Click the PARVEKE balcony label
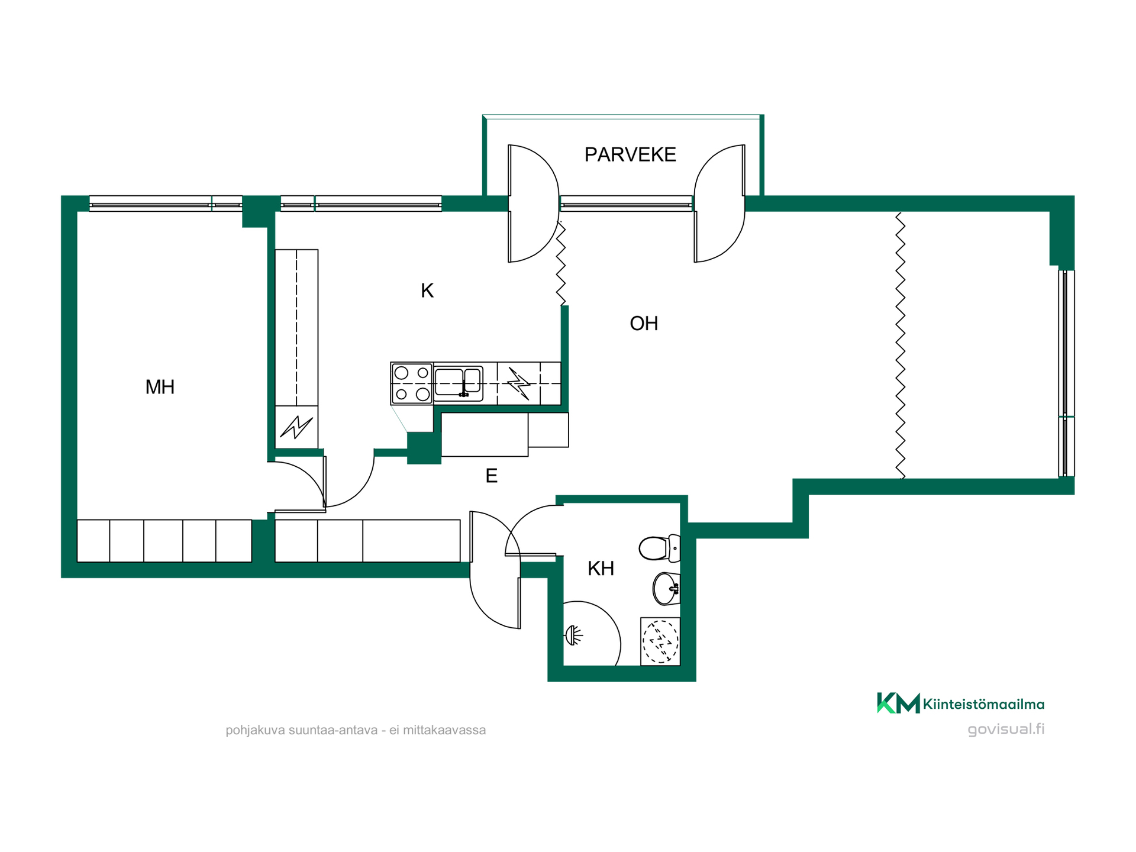pos(630,154)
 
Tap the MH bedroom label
pos(160,387)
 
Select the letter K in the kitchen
pos(427,291)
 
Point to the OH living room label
pos(644,324)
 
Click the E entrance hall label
pos(491,476)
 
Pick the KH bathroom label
pos(601,569)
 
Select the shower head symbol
pos(574,635)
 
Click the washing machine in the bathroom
pos(660,641)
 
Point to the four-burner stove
pos(412,383)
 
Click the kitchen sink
pos(459,383)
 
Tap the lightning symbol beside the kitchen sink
pos(519,383)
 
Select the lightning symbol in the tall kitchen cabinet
pos(296,427)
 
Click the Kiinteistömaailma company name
pos(983,704)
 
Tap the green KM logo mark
pos(898,703)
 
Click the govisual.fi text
pos(1006,729)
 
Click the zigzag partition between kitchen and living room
pos(560,263)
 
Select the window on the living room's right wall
pos(1066,373)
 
